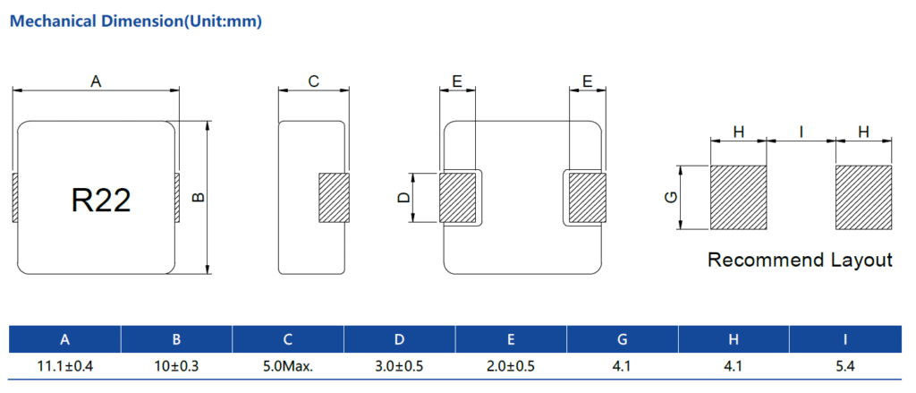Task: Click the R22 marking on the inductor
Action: tap(101, 200)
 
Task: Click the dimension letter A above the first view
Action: tap(96, 81)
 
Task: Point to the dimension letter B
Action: tap(199, 197)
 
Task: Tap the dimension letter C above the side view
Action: tap(313, 81)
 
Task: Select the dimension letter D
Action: tap(403, 197)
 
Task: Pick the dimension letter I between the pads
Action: tap(801, 132)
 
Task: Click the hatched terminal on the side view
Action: tap(334, 197)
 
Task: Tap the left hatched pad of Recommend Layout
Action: tap(739, 197)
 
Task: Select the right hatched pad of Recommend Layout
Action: tap(863, 197)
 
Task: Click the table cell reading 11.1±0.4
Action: tap(64, 365)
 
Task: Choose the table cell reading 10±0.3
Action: tap(176, 365)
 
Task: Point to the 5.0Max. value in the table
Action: tap(288, 365)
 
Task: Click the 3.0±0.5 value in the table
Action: tap(399, 365)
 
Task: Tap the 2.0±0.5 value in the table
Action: tap(511, 365)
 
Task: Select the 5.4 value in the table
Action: tap(845, 365)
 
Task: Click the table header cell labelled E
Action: tap(511, 339)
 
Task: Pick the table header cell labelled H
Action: tap(734, 339)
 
